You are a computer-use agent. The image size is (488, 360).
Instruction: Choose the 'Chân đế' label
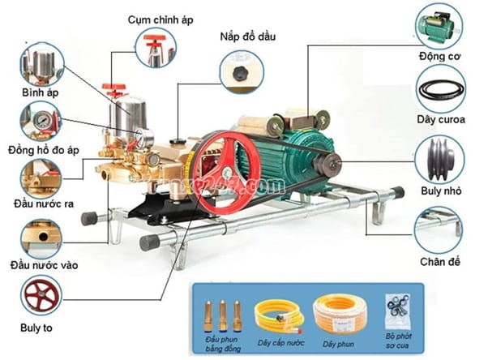(x=440, y=262)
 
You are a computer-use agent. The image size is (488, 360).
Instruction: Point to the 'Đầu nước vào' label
(x=44, y=265)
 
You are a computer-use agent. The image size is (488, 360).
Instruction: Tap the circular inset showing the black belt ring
(x=440, y=90)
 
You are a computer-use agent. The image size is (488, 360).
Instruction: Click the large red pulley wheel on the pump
(x=222, y=169)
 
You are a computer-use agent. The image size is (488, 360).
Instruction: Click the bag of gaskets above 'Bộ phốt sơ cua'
(x=395, y=308)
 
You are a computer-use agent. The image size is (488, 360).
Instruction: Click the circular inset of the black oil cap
(x=239, y=71)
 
